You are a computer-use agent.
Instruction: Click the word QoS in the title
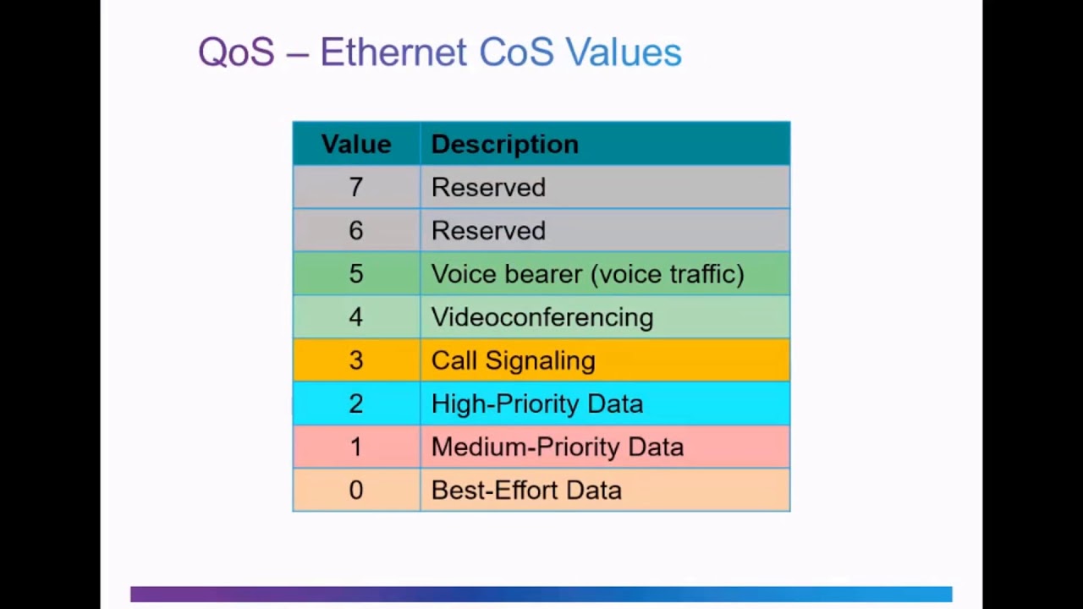[x=236, y=52]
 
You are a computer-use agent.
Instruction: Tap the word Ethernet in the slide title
[x=393, y=52]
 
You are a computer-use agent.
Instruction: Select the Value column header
[x=356, y=144]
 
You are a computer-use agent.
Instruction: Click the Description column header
[x=504, y=144]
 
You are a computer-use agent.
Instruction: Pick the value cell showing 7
[x=356, y=187]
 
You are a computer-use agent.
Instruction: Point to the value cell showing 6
[x=356, y=230]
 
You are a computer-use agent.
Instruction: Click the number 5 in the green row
[x=356, y=274]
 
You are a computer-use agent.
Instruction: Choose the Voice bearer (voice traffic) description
[x=587, y=274]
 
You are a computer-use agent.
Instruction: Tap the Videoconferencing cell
[x=541, y=317]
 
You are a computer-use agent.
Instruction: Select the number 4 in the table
[x=356, y=317]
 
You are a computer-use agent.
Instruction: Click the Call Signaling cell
[x=513, y=360]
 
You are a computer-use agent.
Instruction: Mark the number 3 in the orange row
[x=356, y=360]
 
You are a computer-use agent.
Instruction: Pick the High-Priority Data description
[x=536, y=403]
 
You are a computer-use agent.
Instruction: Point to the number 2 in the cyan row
[x=356, y=403]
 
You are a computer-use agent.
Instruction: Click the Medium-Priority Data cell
[x=557, y=447]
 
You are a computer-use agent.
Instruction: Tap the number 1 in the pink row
[x=356, y=447]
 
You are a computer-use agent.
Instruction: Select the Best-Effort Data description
[x=526, y=490]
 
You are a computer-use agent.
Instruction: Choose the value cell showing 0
[x=356, y=490]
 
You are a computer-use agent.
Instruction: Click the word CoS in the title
[x=516, y=52]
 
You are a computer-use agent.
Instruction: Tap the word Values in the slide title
[x=624, y=52]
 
